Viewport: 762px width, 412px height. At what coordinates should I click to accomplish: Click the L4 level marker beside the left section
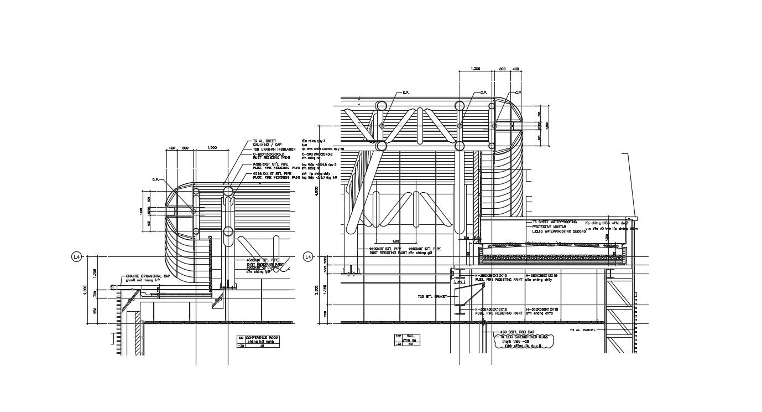[x=77, y=257]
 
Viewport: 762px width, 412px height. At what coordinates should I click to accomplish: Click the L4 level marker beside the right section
[x=308, y=257]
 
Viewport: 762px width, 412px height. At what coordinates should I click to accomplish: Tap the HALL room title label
[x=410, y=336]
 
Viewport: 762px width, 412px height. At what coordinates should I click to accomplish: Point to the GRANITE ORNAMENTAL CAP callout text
[x=147, y=276]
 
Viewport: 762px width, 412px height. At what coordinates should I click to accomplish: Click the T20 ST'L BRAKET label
[x=432, y=297]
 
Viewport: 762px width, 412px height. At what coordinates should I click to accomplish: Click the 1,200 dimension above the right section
[x=474, y=69]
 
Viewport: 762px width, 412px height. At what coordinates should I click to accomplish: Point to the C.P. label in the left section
[x=155, y=179]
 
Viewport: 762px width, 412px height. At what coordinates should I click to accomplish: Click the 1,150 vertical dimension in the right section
[x=325, y=289]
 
